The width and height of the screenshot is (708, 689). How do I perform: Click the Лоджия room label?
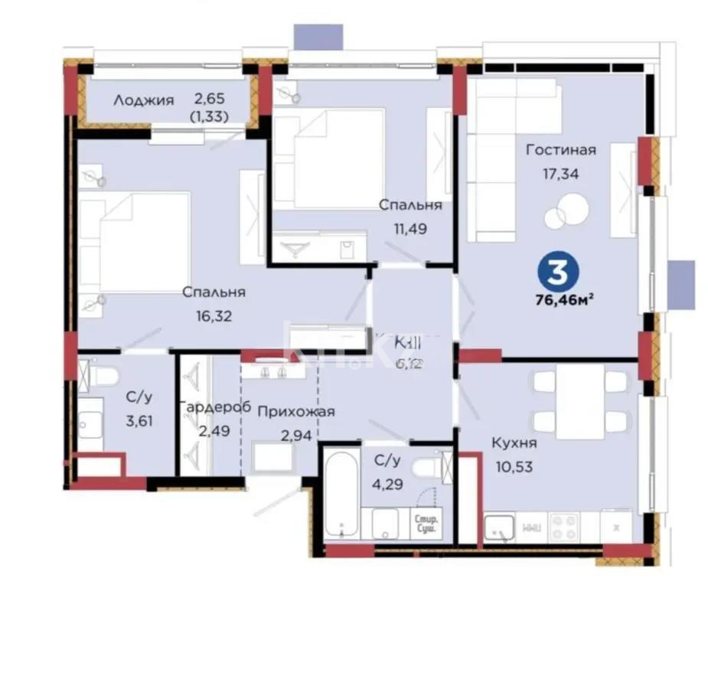tap(144, 100)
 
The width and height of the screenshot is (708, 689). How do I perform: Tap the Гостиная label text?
tap(560, 150)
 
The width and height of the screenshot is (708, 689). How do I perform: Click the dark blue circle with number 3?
tap(558, 272)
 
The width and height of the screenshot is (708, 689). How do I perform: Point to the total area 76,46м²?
tap(565, 299)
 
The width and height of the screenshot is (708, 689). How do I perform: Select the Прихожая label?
tap(296, 412)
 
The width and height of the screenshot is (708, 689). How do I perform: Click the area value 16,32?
tap(214, 315)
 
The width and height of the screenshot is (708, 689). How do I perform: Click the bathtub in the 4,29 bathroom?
tap(338, 493)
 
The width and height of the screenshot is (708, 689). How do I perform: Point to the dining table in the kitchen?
tap(580, 401)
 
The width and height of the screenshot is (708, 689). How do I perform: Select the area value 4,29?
tap(387, 483)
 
